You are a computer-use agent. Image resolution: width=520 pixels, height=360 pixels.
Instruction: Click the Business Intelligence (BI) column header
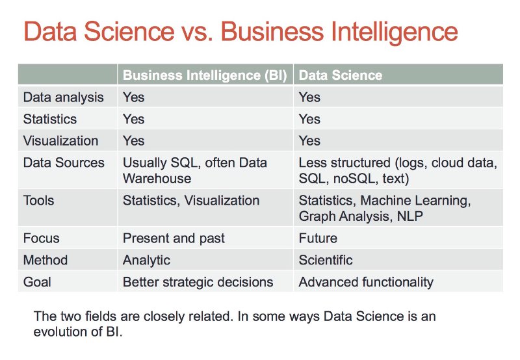click(x=206, y=75)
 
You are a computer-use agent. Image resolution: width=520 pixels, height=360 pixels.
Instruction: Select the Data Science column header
click(x=340, y=75)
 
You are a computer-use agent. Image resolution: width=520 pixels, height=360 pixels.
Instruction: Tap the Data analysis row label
click(x=63, y=97)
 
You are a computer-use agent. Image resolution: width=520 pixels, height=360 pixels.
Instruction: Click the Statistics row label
click(x=49, y=119)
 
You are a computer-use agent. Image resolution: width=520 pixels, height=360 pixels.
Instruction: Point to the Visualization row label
click(x=60, y=141)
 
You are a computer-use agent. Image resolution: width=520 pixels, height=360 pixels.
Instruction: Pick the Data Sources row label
click(x=63, y=162)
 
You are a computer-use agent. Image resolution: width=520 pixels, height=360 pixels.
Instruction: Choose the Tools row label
click(x=38, y=200)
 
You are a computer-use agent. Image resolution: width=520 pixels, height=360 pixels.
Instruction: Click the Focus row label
click(x=41, y=238)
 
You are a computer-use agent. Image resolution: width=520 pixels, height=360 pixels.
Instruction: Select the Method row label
click(x=45, y=260)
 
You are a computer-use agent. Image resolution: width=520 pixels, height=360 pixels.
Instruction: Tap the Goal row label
click(x=37, y=282)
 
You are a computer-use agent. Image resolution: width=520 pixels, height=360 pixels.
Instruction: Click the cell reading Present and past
click(x=174, y=238)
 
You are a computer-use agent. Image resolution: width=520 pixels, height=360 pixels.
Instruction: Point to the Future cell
click(x=318, y=238)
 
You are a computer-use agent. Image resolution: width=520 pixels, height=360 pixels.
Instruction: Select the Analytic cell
click(x=146, y=260)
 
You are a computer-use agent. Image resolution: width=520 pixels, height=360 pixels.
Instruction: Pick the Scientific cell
click(x=326, y=260)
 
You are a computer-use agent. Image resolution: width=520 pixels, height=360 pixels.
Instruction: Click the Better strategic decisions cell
click(x=198, y=282)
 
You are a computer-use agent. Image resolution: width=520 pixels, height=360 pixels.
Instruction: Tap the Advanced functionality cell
click(x=365, y=282)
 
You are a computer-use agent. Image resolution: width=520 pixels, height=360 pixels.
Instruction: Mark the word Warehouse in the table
click(x=157, y=178)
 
